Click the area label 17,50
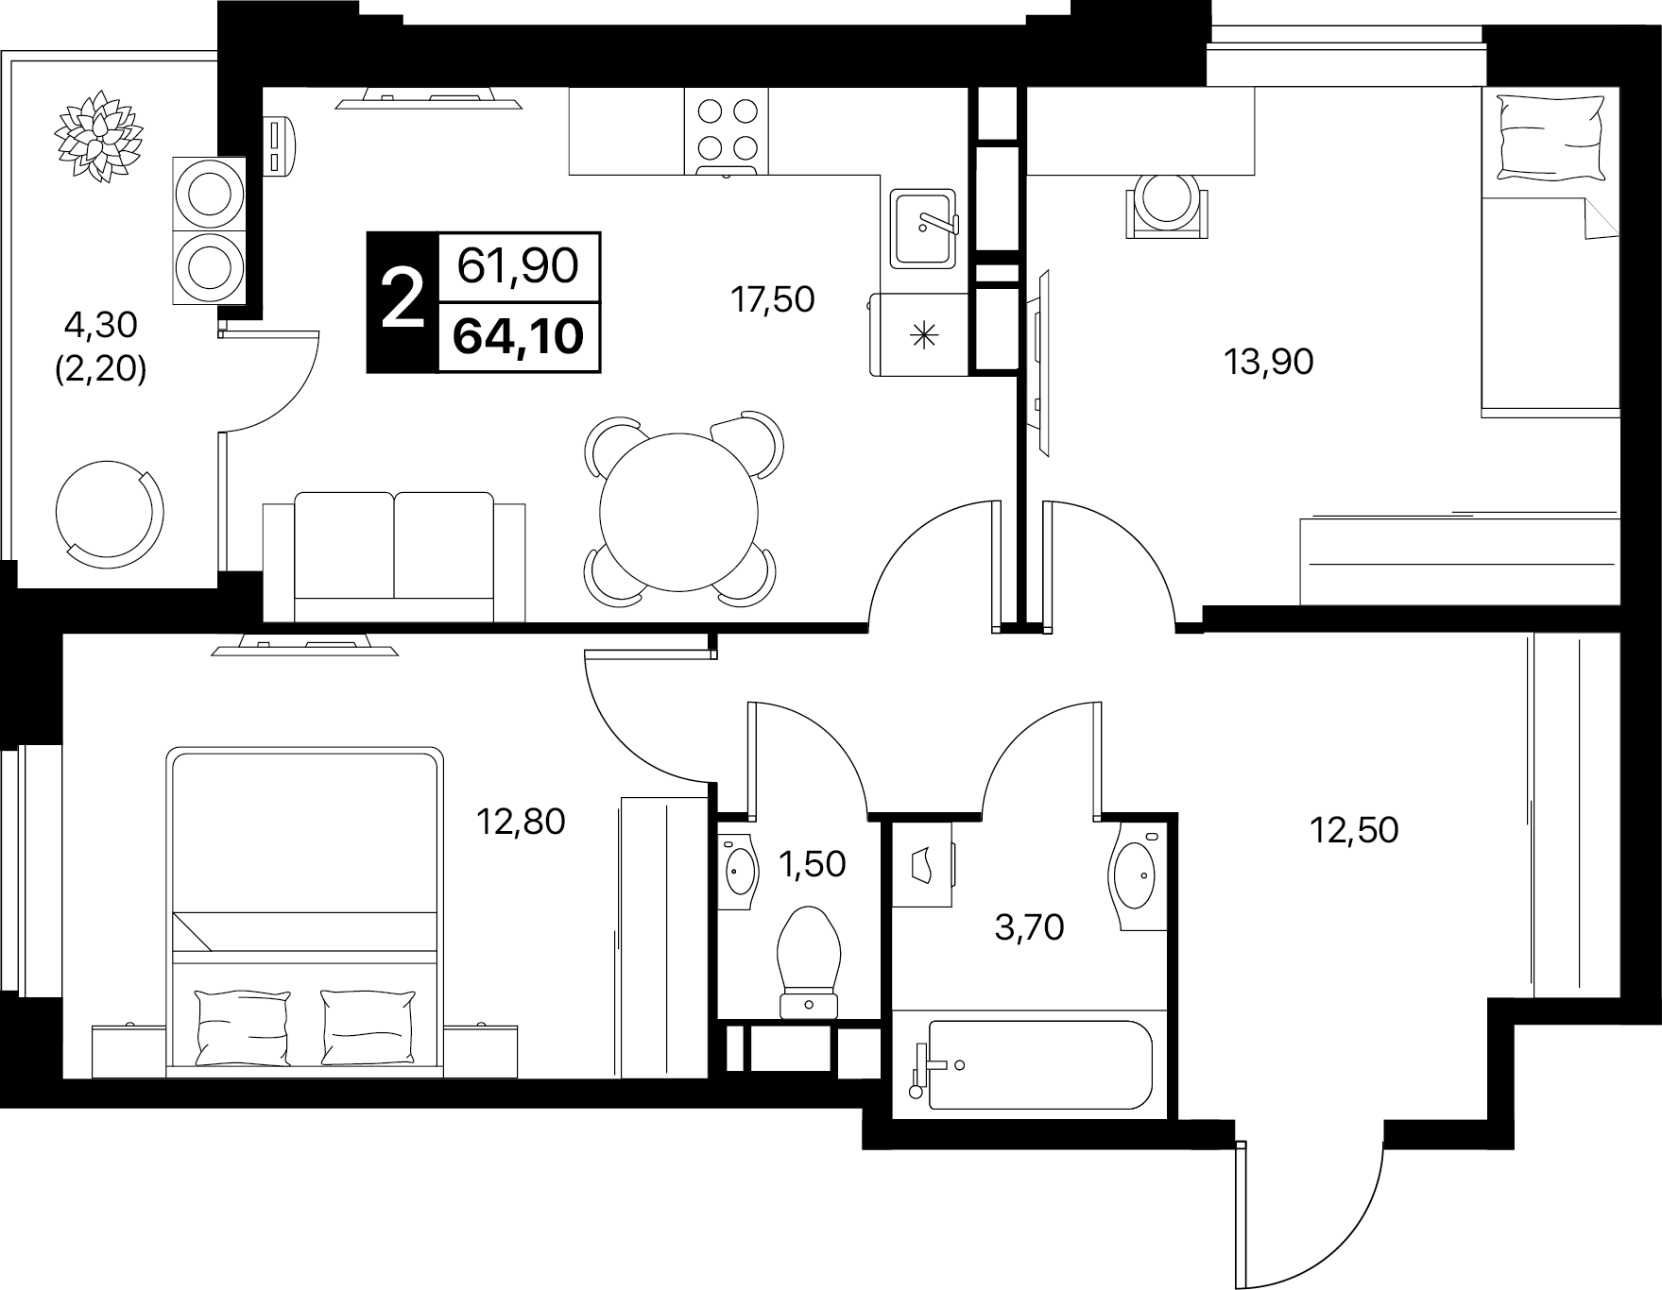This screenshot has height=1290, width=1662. (772, 300)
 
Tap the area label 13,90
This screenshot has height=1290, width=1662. (1269, 362)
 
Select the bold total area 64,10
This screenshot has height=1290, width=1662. (518, 335)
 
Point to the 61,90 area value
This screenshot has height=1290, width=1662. (518, 266)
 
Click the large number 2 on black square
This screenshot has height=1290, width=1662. (403, 300)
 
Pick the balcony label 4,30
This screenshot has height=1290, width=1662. (100, 326)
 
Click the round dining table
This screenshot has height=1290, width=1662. (679, 511)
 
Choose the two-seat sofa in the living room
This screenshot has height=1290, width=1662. (394, 556)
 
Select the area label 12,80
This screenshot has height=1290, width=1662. (521, 823)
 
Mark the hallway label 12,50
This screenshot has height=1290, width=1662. (1354, 830)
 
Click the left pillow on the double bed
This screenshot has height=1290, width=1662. (243, 1027)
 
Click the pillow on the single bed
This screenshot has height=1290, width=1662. (1553, 135)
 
